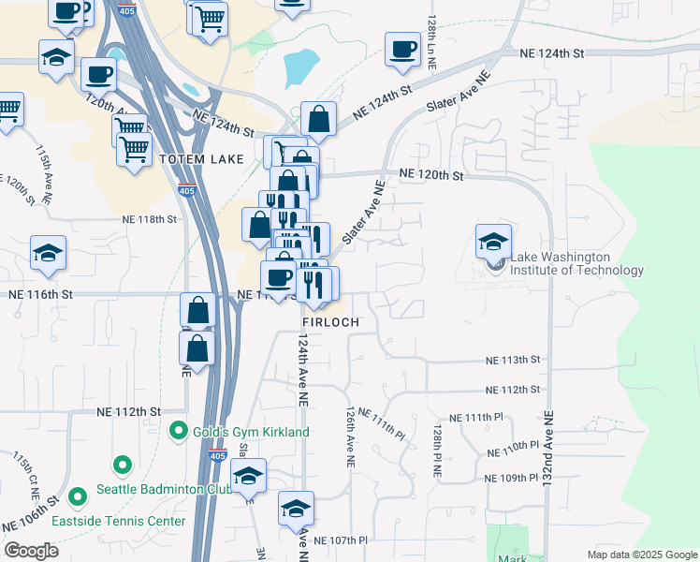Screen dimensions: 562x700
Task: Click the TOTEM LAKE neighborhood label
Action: coord(201,159)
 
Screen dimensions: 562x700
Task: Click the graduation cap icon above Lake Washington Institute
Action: coord(493,243)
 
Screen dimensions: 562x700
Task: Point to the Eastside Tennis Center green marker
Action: coord(79,495)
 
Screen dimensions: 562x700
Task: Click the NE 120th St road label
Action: coord(430,174)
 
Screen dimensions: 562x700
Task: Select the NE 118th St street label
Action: coord(149,219)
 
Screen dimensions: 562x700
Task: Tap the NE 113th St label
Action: coord(513,360)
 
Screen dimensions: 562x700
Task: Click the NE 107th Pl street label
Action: coord(341,540)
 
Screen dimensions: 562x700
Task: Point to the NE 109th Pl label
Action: coord(514,478)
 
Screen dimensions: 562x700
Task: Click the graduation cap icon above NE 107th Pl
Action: coord(296,509)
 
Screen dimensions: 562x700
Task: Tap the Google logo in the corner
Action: coord(31,550)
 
